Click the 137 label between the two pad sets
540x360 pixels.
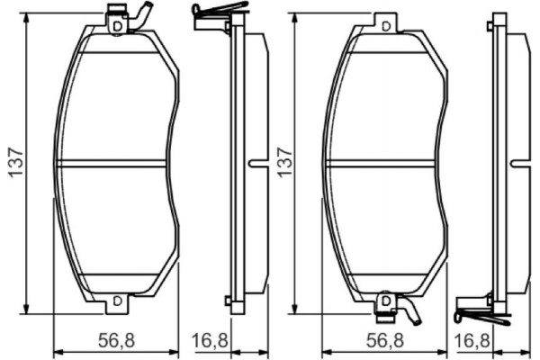click(286, 162)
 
